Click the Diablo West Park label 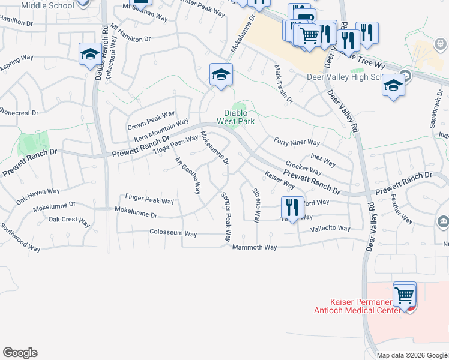(240, 116)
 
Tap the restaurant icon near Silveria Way (292, 208)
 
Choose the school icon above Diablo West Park (221, 75)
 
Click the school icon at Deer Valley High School (393, 85)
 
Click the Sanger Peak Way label (226, 217)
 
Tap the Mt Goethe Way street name (187, 176)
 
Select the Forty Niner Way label (297, 142)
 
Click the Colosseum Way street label (173, 233)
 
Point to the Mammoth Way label (255, 247)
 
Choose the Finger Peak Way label (149, 197)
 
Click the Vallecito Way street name (330, 229)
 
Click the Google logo (20, 353)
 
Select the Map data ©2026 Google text (411, 355)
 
